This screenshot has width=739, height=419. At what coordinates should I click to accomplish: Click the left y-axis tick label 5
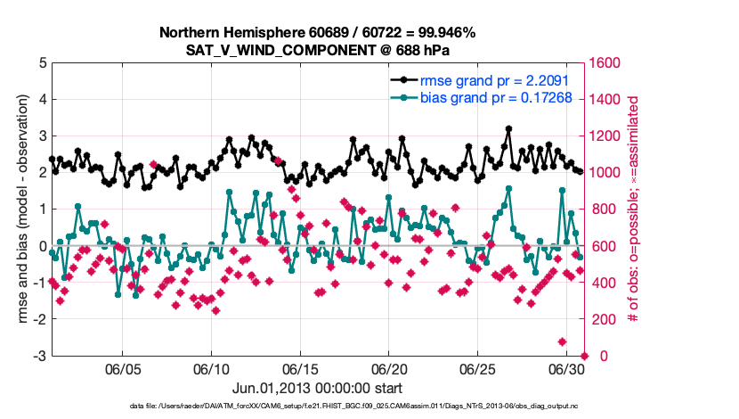pyautogui.click(x=42, y=63)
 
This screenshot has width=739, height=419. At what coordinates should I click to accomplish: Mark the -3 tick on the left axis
pyautogui.click(x=39, y=356)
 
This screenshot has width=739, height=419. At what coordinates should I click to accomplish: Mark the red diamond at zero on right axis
pyautogui.click(x=585, y=356)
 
